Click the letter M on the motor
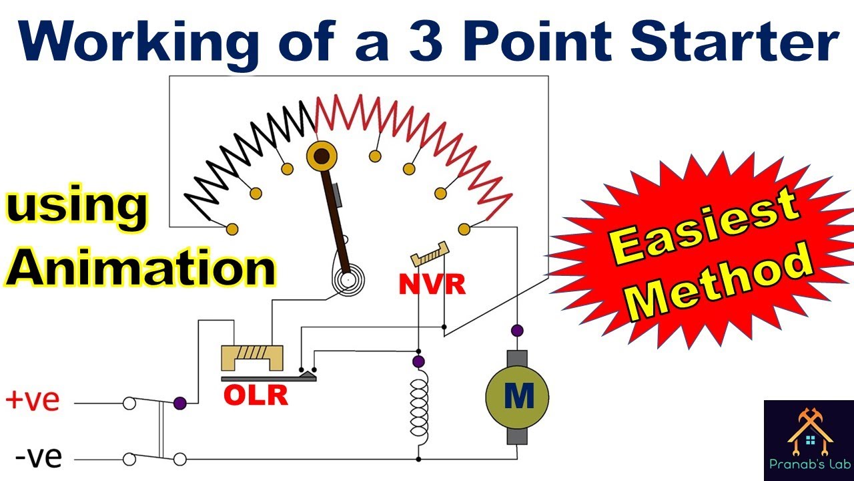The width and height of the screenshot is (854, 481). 519,396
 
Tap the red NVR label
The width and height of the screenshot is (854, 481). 432,284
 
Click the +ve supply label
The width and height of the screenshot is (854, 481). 33,399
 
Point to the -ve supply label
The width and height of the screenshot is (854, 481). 39,456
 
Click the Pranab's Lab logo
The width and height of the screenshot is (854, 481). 809,440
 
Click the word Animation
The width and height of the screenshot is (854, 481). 139,267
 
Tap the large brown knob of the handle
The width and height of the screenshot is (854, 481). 322,156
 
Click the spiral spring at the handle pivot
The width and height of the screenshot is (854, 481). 348,280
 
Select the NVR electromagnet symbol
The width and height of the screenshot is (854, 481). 430,254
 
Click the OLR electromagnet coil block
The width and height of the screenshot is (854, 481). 252,357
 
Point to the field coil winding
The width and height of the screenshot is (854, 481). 419,412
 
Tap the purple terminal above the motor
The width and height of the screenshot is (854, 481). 517,330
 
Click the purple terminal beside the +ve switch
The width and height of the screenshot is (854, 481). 180,403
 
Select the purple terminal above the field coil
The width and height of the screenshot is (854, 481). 418,361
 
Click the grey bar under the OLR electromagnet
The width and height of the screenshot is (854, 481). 269,378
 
